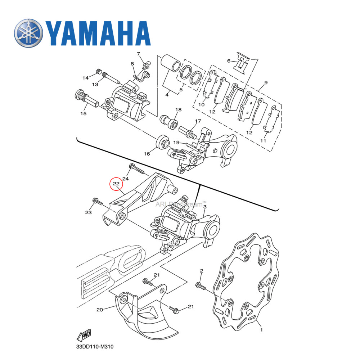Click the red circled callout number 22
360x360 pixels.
[x=116, y=184]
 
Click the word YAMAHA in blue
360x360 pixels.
[x=98, y=33]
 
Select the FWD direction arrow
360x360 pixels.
[x=84, y=336]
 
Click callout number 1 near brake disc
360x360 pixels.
[x=262, y=329]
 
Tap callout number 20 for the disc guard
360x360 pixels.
[x=100, y=309]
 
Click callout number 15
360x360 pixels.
[x=84, y=114]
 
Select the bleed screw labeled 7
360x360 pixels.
[x=146, y=66]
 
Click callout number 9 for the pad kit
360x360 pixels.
[x=266, y=83]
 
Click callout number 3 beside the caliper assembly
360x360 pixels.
[x=205, y=207]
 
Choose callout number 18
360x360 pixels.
[x=179, y=109]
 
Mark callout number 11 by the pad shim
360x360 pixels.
[x=263, y=140]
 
